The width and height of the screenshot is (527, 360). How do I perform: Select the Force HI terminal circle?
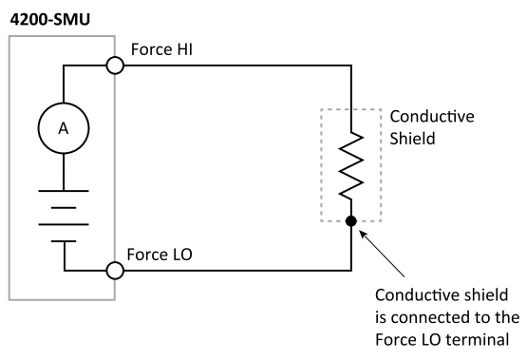pyautogui.click(x=116, y=66)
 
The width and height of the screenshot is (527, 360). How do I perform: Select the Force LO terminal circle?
pyautogui.click(x=116, y=271)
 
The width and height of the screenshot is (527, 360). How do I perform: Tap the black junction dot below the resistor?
pyautogui.click(x=352, y=221)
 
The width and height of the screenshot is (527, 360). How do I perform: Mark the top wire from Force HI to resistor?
pyautogui.click(x=237, y=66)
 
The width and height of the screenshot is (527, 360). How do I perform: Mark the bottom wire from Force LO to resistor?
pyautogui.click(x=237, y=271)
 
